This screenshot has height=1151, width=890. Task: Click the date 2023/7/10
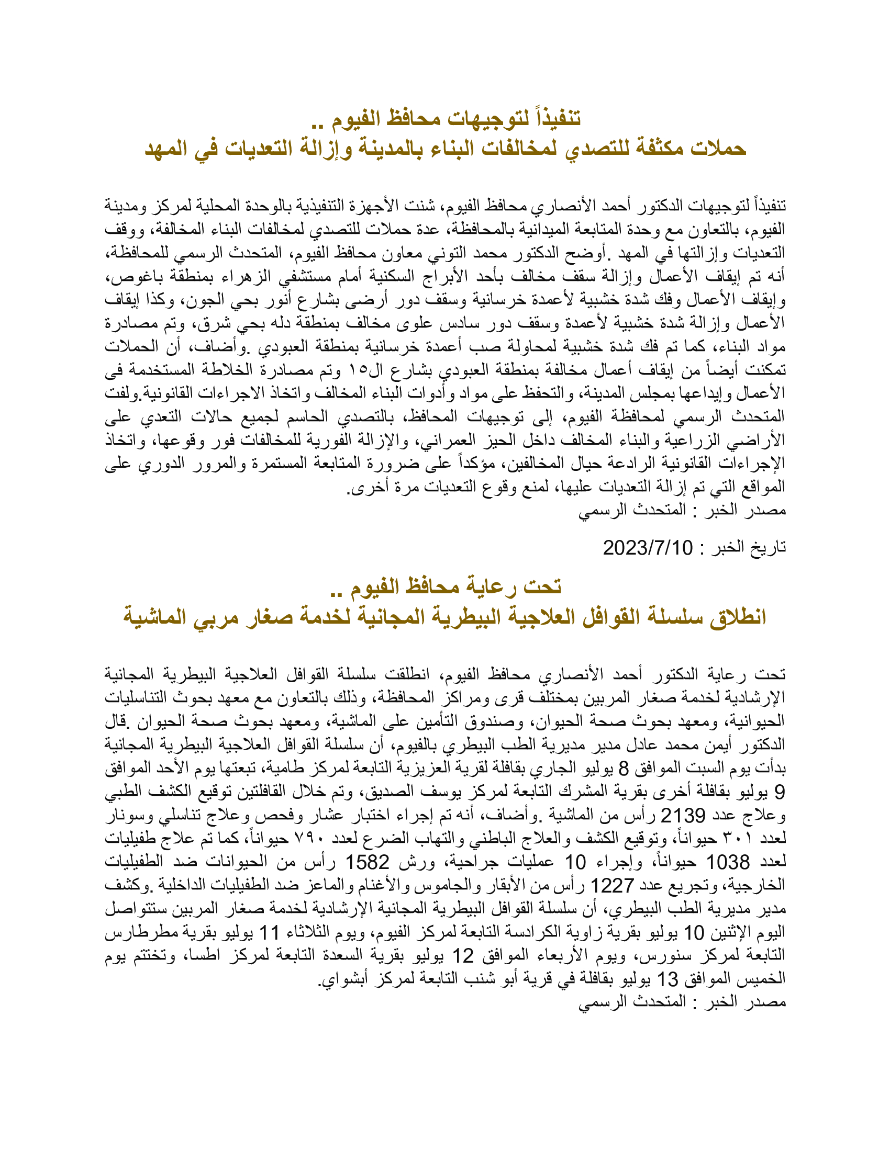(648, 548)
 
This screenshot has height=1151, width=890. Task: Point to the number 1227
(612, 885)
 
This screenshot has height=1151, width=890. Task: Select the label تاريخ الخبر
(749, 548)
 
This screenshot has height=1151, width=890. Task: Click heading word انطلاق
(737, 617)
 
